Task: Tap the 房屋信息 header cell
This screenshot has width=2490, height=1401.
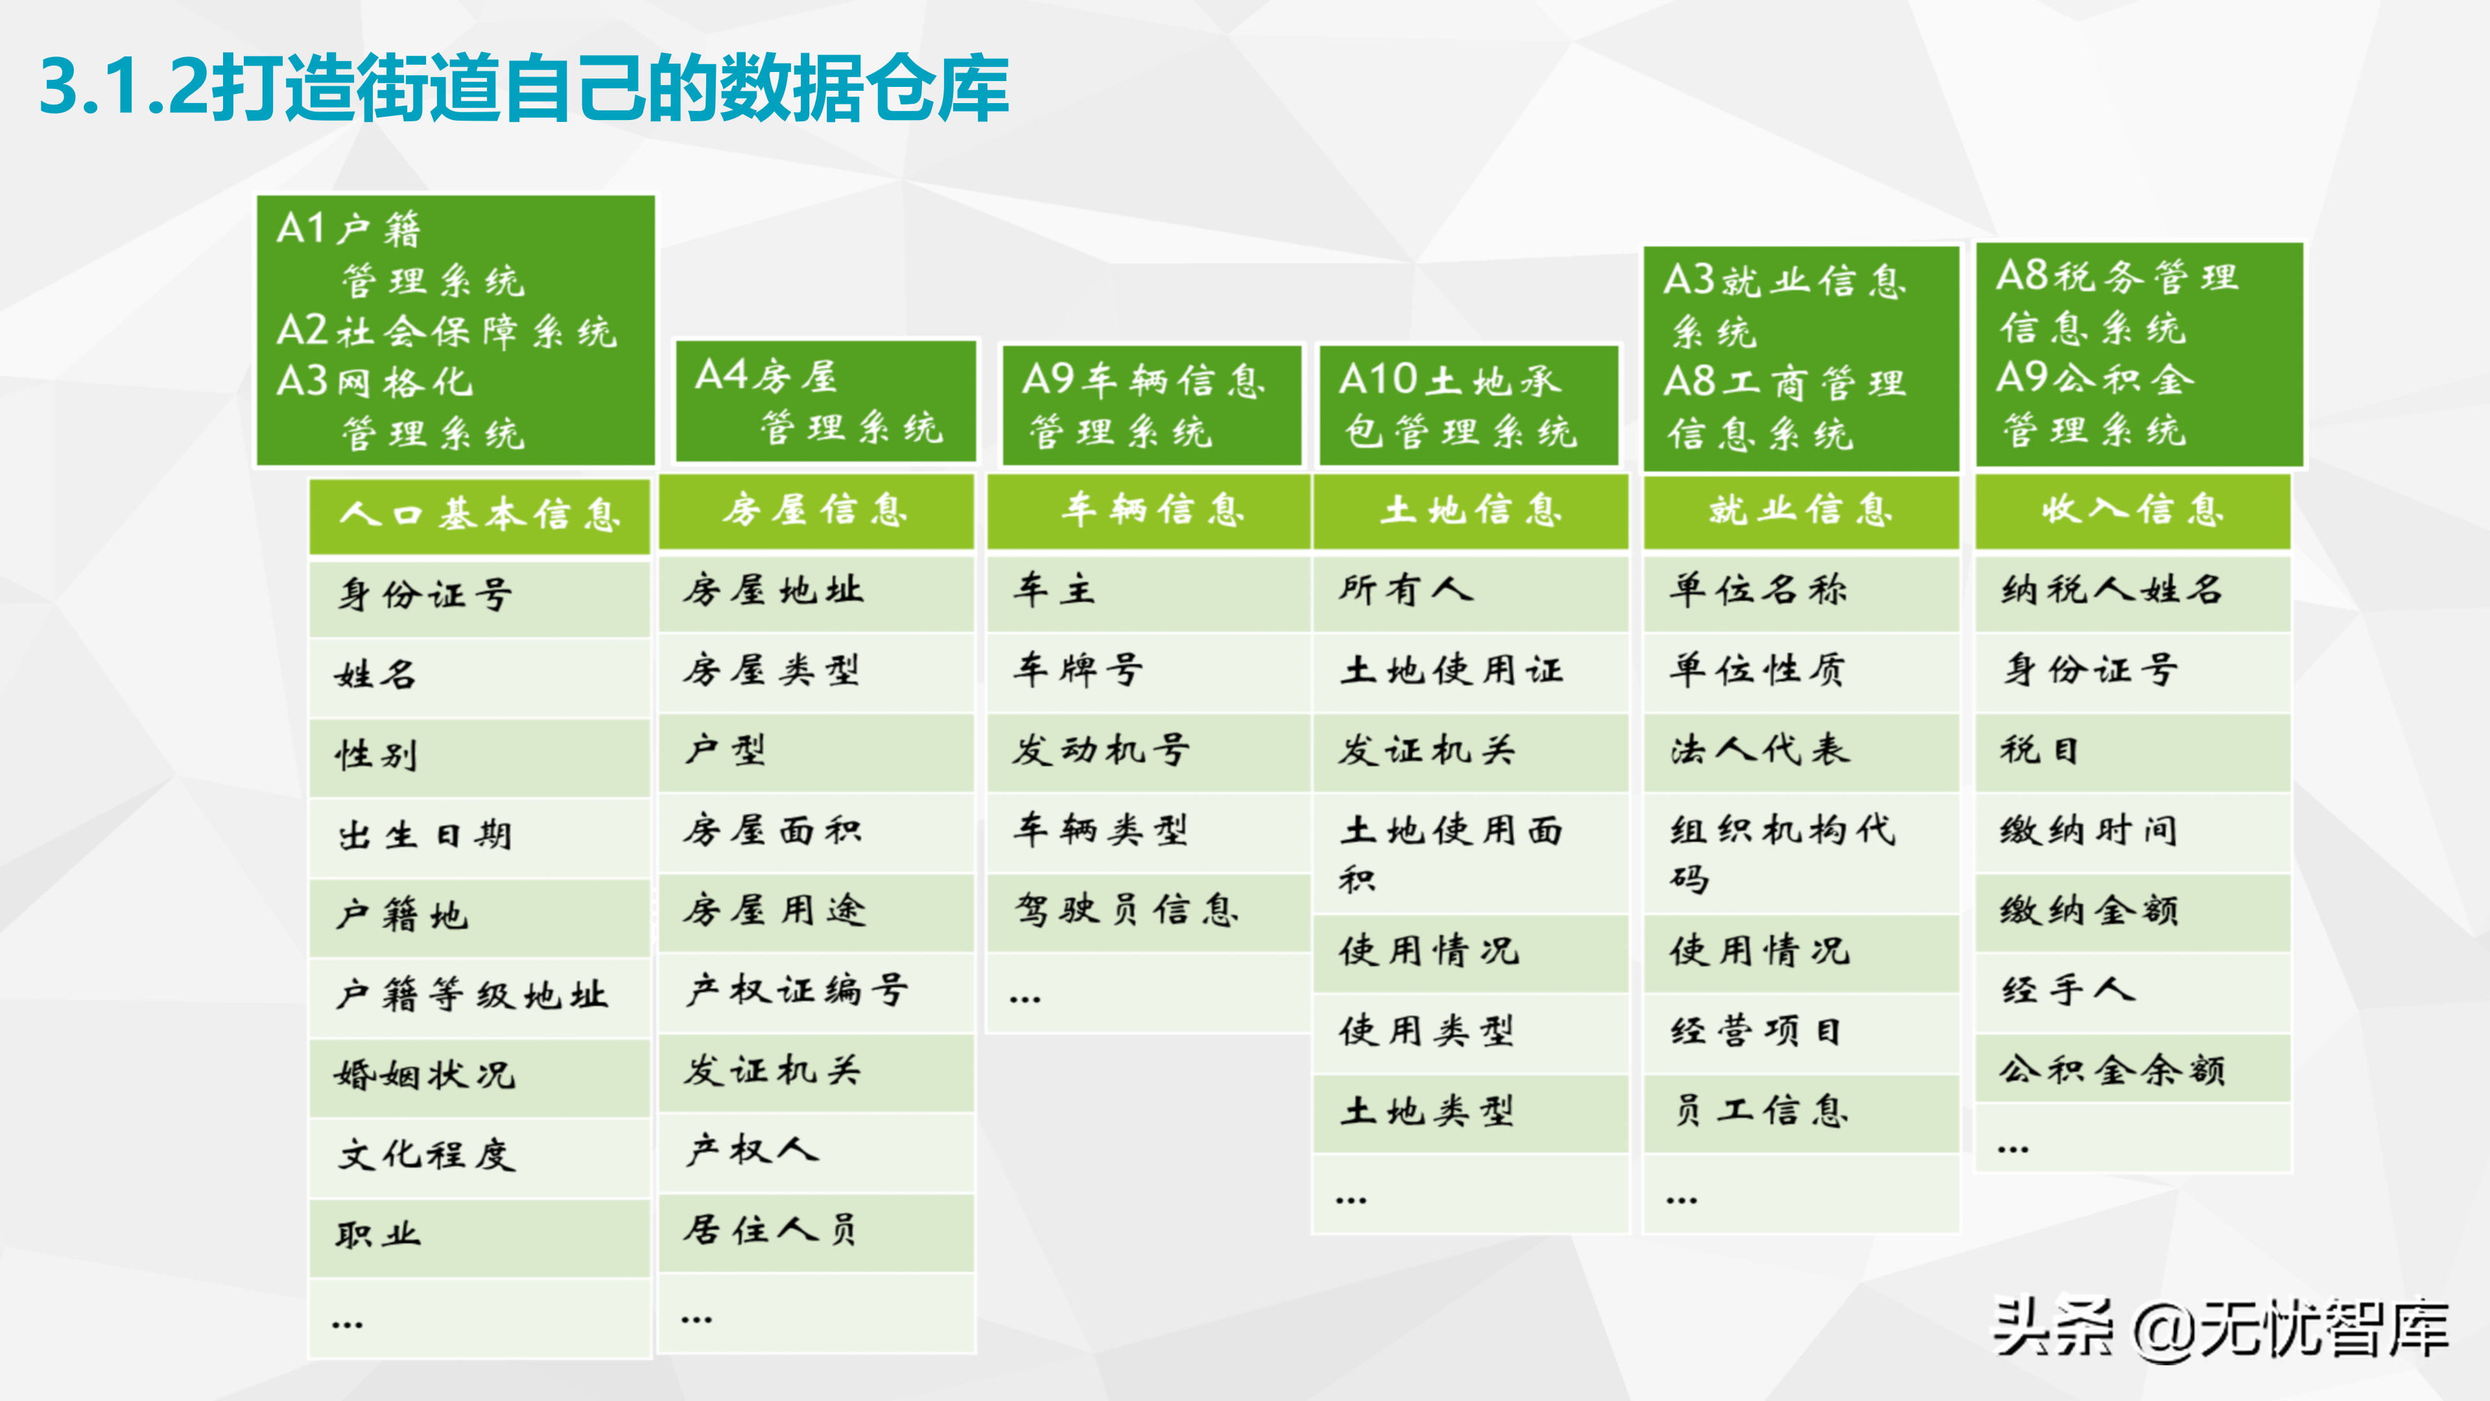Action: [x=816, y=510]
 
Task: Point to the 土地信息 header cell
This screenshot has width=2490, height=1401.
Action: [x=1470, y=510]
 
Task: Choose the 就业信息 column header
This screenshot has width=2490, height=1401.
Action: [x=1801, y=510]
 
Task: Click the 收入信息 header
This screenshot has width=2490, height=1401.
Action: [x=2132, y=510]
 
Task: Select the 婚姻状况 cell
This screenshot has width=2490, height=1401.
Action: [x=479, y=1075]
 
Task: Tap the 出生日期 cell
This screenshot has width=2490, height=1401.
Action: [x=479, y=835]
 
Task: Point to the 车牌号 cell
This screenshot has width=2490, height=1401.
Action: [x=1148, y=670]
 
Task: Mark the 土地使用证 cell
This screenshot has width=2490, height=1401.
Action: [x=1470, y=670]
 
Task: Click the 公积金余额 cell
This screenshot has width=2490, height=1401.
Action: [x=2132, y=1070]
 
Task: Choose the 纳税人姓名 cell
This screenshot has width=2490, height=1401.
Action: [x=2132, y=590]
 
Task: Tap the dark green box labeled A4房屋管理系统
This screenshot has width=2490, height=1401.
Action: [x=825, y=401]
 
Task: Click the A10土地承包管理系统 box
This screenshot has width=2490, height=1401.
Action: [x=1468, y=405]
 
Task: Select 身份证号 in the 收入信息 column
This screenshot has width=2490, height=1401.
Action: [x=2132, y=670]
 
